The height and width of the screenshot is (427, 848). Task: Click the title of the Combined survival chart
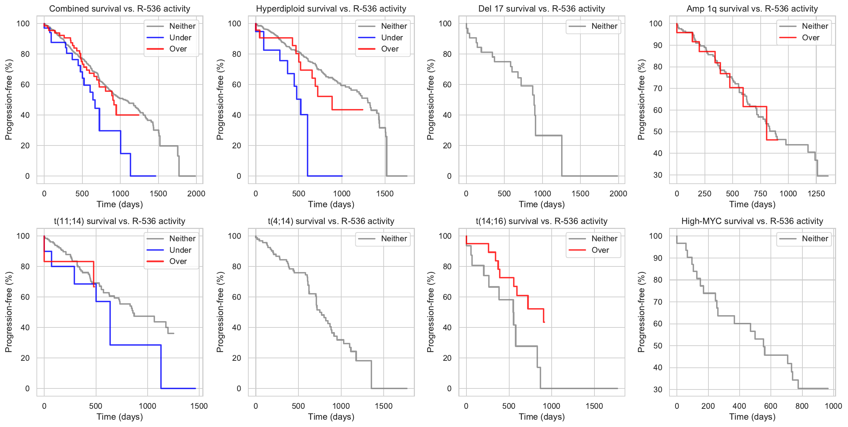click(x=120, y=9)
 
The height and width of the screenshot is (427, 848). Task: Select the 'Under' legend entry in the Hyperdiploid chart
click(x=392, y=38)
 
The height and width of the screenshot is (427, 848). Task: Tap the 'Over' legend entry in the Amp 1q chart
click(x=810, y=38)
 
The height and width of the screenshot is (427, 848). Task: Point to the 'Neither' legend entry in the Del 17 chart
click(x=604, y=26)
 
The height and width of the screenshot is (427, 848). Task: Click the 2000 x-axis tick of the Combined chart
click(x=196, y=194)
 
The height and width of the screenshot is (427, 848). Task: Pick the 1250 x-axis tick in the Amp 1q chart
click(x=816, y=194)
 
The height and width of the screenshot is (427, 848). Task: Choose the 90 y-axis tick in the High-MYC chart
click(x=655, y=258)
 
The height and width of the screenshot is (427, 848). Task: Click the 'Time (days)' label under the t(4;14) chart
click(x=331, y=417)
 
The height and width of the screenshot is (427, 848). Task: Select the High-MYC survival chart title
click(x=752, y=221)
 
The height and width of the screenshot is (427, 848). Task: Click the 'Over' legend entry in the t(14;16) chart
click(x=600, y=250)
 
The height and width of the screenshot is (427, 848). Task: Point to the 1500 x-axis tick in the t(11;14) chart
click(x=199, y=406)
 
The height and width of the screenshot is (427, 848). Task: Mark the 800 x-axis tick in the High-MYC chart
click(x=802, y=406)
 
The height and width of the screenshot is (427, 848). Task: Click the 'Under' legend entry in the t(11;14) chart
click(x=180, y=250)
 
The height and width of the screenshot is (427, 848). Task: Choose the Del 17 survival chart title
click(x=541, y=9)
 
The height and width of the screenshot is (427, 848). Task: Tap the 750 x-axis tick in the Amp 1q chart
click(x=760, y=194)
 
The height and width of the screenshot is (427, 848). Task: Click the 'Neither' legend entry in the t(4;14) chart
click(x=394, y=239)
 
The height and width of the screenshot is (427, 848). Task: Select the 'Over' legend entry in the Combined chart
click(x=178, y=49)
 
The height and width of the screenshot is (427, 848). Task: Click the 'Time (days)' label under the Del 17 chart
click(x=541, y=204)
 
